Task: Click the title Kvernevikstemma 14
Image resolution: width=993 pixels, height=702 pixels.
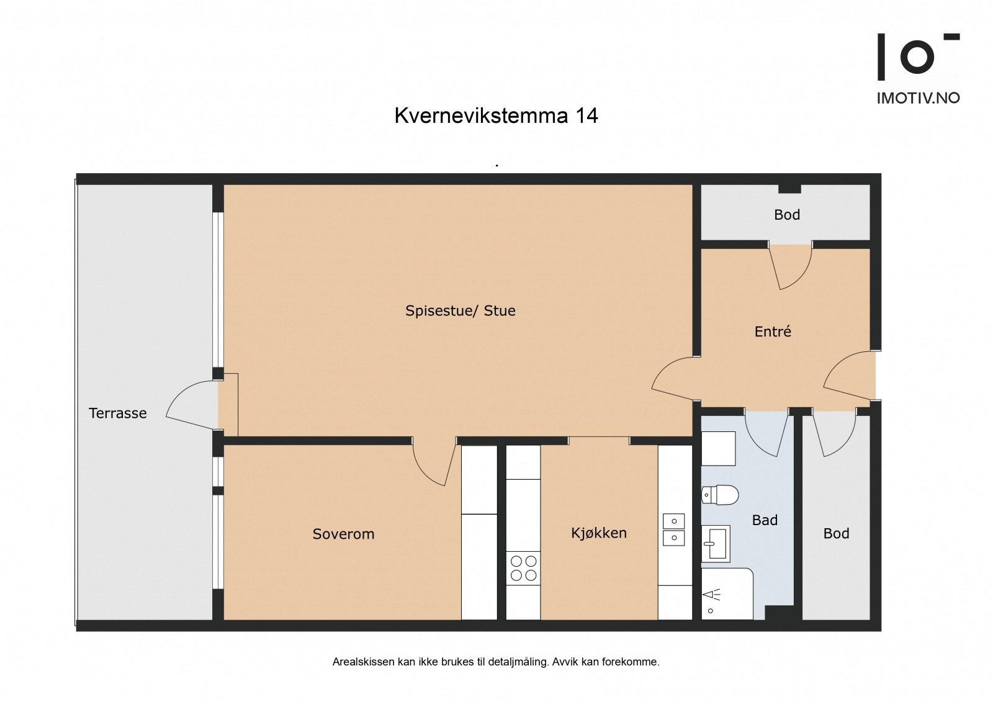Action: point(496,116)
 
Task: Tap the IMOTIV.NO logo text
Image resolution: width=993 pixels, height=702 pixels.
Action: point(917,98)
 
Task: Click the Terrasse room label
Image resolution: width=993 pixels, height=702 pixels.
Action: point(117,413)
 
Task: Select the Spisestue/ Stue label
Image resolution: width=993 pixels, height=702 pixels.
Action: point(460,310)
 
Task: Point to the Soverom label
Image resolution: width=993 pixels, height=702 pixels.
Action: point(343,534)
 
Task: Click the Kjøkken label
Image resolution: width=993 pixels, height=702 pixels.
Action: point(598,533)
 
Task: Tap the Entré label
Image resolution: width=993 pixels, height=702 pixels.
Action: point(773,331)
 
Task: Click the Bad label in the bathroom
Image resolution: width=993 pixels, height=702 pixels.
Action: point(765,520)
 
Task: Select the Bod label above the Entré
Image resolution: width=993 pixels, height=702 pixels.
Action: point(786,215)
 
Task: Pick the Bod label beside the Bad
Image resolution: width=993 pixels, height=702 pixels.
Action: point(836,533)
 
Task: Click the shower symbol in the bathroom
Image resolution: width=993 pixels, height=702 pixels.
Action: point(712,596)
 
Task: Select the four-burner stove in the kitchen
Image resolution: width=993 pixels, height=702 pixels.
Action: point(523,568)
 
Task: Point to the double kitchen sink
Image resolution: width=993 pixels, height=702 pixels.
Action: point(673,529)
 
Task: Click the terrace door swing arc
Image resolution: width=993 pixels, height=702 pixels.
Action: point(189,407)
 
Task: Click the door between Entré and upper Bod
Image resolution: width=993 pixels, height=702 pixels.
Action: point(791,267)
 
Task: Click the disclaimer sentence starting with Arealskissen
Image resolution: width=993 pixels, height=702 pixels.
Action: point(496,662)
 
